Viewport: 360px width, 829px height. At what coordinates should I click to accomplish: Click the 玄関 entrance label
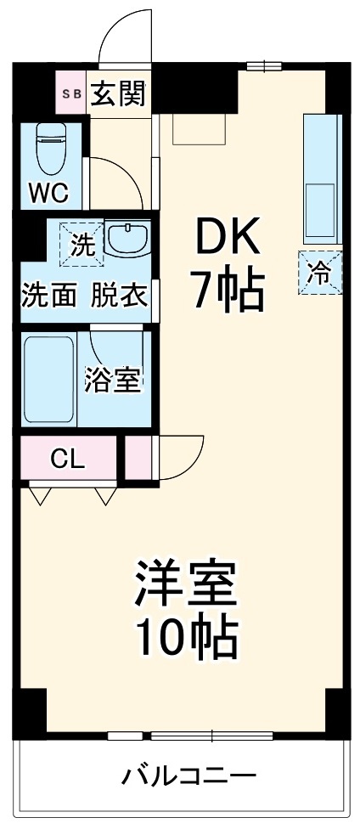117,93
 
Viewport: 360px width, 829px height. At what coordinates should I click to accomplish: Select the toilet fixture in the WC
52,148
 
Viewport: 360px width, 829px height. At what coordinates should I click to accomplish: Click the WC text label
48,193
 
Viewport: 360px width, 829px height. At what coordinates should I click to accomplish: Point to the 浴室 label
112,381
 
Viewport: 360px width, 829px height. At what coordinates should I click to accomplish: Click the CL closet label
67,460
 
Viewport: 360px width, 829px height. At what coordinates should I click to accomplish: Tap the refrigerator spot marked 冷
321,273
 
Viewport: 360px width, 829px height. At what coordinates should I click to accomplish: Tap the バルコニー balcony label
188,775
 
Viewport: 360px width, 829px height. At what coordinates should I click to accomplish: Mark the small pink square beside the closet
136,458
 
